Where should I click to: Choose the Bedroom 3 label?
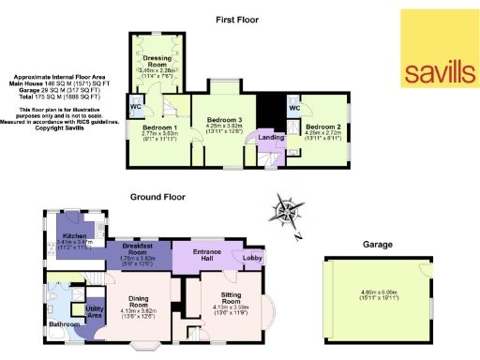pyautogui.click(x=225, y=120)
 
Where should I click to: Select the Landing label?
pyautogui.click(x=272, y=139)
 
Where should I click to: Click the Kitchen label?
pyautogui.click(x=75, y=236)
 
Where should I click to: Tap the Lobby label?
pyautogui.click(x=253, y=256)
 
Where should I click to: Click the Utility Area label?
pyautogui.click(x=95, y=312)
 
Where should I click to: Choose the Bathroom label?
pyautogui.click(x=65, y=324)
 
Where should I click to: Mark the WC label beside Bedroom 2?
pyautogui.click(x=292, y=109)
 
